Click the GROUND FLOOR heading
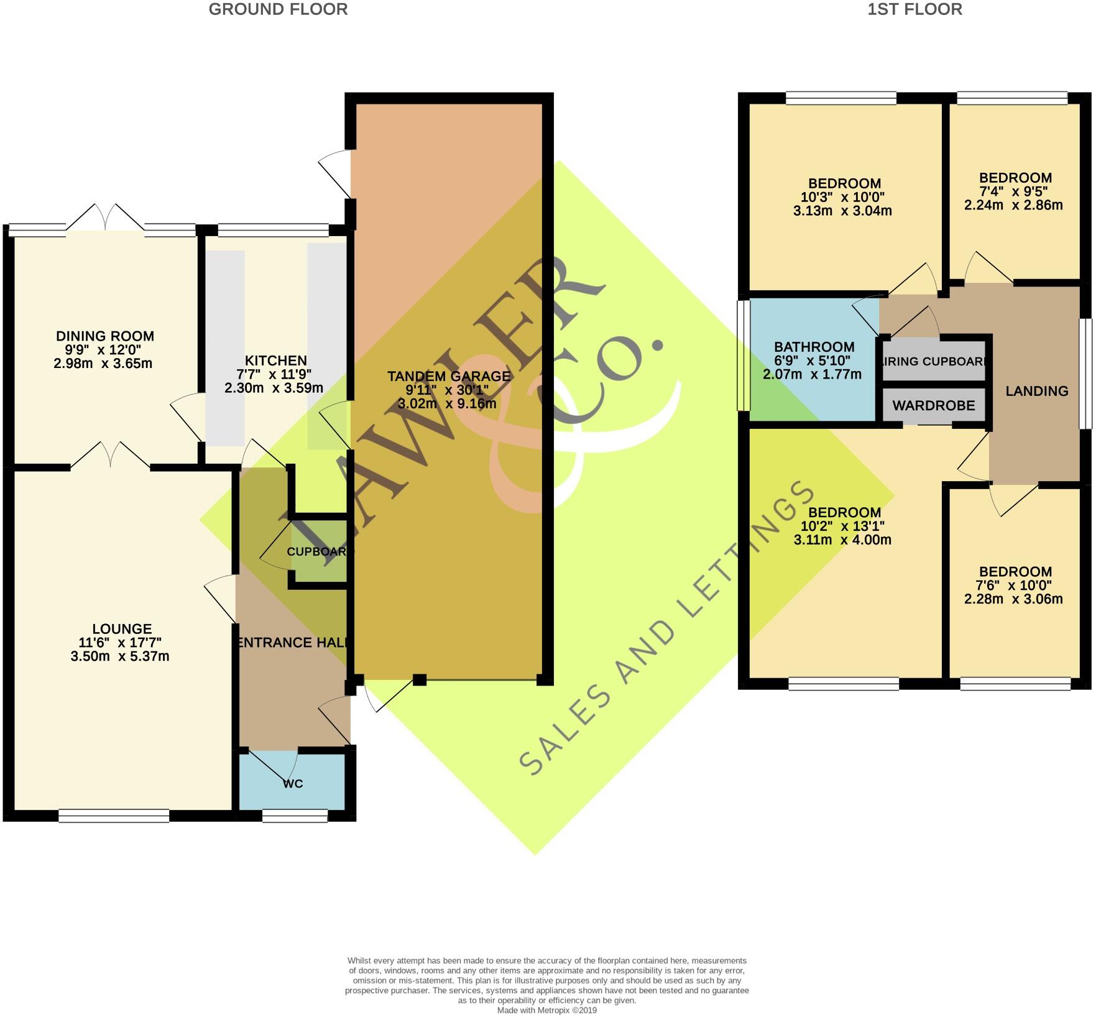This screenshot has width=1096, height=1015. click(278, 9)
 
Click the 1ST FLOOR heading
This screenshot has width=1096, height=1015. click(915, 9)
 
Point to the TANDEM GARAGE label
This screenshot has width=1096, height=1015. click(449, 376)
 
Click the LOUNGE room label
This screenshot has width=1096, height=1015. click(122, 629)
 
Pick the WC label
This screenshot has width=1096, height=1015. click(293, 784)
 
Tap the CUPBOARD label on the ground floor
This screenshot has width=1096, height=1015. click(320, 551)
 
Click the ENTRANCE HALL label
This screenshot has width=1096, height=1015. click(292, 643)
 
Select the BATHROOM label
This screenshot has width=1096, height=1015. click(814, 347)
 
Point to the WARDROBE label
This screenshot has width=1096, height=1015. click(933, 406)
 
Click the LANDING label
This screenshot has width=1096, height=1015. click(1036, 391)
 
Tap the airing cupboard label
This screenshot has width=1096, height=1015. click(934, 361)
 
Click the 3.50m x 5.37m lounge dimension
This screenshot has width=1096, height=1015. click(120, 656)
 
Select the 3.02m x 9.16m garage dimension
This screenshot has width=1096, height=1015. click(447, 404)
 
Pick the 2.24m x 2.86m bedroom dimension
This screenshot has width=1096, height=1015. click(1013, 205)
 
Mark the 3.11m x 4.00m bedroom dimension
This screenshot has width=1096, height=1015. click(842, 540)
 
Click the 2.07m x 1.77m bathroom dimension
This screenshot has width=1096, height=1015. click(812, 374)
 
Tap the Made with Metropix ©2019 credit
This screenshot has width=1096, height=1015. click(546, 1011)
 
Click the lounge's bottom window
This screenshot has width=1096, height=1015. click(114, 815)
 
